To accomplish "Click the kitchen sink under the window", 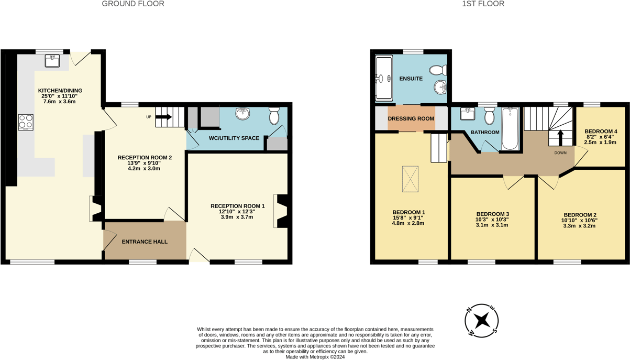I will [x=52, y=61].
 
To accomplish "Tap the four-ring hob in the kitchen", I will [x=26, y=122].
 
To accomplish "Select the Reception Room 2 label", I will [x=145, y=157].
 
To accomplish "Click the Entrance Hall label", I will [x=145, y=242].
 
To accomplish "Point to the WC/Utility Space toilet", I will [x=274, y=116].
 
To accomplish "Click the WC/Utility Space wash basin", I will [x=242, y=114].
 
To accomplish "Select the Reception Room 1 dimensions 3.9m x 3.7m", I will [x=237, y=217].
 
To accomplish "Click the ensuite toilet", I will [x=438, y=70].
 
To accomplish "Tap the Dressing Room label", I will [x=411, y=118].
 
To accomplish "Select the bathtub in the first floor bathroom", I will [x=511, y=129].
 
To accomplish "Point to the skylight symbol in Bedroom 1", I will [x=410, y=179].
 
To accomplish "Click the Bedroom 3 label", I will [x=492, y=214].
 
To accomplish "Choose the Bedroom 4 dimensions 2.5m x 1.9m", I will [x=600, y=142].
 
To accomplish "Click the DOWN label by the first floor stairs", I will [x=560, y=153].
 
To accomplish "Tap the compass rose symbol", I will [x=482, y=320].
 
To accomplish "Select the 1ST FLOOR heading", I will [x=483, y=4].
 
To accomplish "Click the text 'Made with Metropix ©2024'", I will [x=315, y=357].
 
